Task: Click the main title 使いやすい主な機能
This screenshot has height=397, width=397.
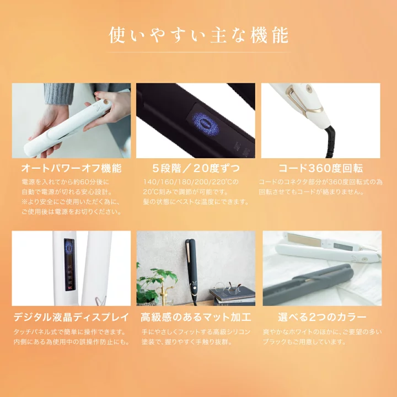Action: (198, 35)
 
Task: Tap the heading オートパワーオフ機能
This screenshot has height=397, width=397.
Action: (71, 168)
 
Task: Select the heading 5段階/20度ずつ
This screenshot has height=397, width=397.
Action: (196, 168)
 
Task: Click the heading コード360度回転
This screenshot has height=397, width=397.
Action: (320, 168)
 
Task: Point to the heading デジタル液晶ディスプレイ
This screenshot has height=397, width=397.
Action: (71, 317)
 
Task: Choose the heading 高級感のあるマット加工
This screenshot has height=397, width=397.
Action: (196, 317)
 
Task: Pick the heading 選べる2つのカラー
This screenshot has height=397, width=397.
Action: (322, 317)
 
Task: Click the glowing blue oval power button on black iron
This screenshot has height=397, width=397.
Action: (205, 125)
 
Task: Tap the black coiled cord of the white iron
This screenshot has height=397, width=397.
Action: (332, 142)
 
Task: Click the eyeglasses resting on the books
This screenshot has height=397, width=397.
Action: (227, 288)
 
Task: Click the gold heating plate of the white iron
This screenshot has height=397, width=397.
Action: (304, 239)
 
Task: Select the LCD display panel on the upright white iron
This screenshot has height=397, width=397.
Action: (69, 264)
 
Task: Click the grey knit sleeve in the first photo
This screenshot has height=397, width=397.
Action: (59, 93)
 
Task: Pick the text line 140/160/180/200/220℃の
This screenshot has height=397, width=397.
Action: (191, 182)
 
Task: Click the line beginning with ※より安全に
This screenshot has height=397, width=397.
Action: (71, 202)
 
